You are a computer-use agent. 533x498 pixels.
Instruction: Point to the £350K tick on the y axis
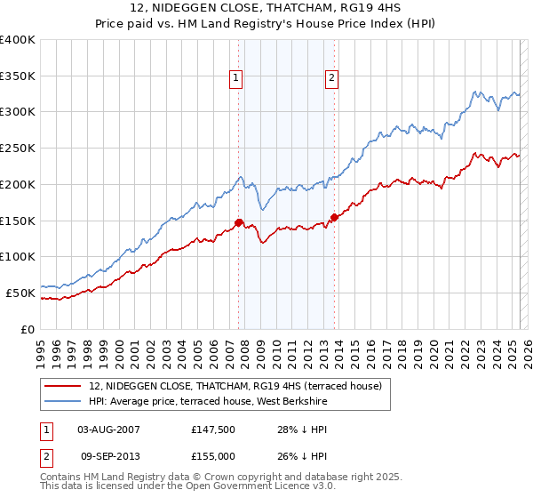click(20, 76)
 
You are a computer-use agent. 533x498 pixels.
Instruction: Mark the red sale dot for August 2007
click(239, 222)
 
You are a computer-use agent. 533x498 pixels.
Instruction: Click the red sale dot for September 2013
click(334, 217)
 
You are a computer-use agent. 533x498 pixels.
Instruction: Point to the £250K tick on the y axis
click(20, 148)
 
